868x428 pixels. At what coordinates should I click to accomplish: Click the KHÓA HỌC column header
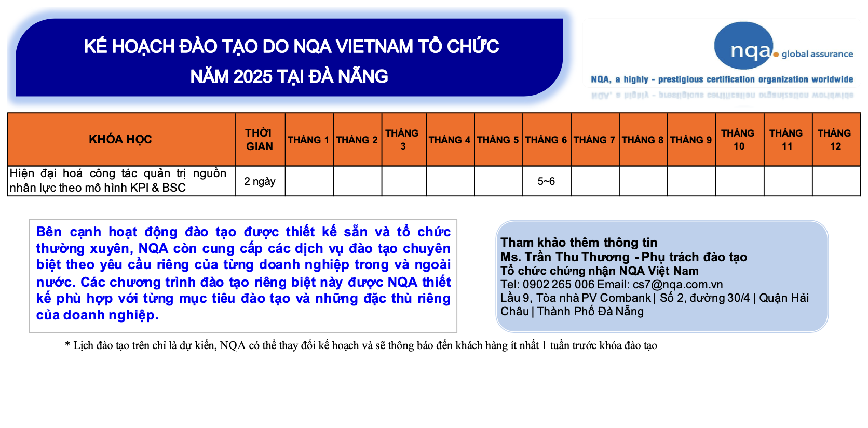(x=120, y=139)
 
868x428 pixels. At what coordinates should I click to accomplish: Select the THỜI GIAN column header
(x=259, y=140)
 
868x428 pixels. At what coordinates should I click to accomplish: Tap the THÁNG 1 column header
(x=308, y=140)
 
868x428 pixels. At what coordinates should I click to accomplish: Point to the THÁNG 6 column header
(x=546, y=140)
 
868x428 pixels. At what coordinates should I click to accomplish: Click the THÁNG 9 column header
(x=691, y=140)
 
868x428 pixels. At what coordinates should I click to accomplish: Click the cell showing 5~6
(x=546, y=181)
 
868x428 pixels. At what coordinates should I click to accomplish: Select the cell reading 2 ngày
(x=260, y=181)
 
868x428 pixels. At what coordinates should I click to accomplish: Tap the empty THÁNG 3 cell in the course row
(x=404, y=181)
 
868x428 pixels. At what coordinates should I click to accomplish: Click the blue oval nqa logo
(x=743, y=45)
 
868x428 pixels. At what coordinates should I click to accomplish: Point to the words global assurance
(x=817, y=54)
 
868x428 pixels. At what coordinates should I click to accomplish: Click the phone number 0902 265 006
(x=559, y=284)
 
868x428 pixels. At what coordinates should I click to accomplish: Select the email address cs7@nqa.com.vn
(x=678, y=284)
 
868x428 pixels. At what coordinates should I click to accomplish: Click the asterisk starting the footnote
(x=67, y=344)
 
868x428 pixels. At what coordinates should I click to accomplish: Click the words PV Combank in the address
(x=616, y=298)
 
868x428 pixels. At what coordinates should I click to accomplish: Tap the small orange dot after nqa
(x=776, y=55)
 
